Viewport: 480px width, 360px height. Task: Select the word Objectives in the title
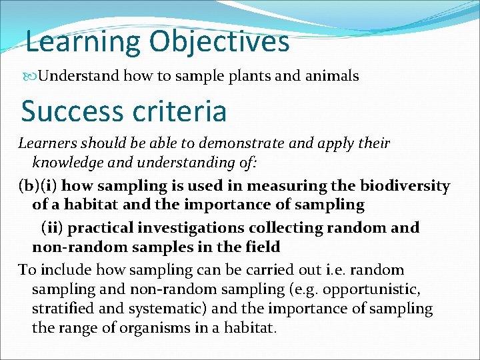219,41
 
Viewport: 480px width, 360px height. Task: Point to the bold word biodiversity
405,186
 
